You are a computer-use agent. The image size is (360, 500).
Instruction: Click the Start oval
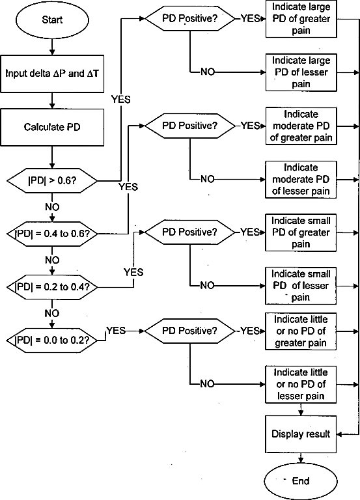pyautogui.click(x=52, y=20)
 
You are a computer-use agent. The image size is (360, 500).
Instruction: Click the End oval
pyautogui.click(x=301, y=481)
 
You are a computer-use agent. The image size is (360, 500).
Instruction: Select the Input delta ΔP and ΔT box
pyautogui.click(x=52, y=74)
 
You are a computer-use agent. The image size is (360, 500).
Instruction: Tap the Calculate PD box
pyautogui.click(x=52, y=127)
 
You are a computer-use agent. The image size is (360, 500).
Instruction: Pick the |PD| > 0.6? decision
pyautogui.click(x=52, y=181)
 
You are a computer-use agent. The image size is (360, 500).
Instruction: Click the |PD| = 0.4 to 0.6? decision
pyautogui.click(x=52, y=234)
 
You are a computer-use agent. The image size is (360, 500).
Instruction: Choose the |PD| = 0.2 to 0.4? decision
pyautogui.click(x=52, y=287)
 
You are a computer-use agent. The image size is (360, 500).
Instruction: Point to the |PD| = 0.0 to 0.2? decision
pyautogui.click(x=52, y=340)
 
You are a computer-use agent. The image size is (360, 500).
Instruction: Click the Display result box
pyautogui.click(x=301, y=434)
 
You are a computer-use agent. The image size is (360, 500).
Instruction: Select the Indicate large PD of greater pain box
pyautogui.click(x=301, y=19)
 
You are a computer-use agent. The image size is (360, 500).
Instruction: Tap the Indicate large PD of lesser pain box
pyautogui.click(x=301, y=72)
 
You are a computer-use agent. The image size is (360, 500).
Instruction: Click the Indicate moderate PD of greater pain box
pyautogui.click(x=301, y=126)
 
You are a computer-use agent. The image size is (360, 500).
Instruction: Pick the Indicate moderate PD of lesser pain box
pyautogui.click(x=301, y=180)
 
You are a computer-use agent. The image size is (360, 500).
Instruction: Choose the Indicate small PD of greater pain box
pyautogui.click(x=301, y=232)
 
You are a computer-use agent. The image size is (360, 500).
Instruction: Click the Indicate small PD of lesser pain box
pyautogui.click(x=301, y=286)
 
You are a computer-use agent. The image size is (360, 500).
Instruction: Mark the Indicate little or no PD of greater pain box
pyautogui.click(x=301, y=331)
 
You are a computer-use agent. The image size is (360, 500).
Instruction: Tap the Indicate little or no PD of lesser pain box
pyautogui.click(x=301, y=385)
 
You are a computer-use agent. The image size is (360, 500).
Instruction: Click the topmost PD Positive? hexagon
pyautogui.click(x=189, y=18)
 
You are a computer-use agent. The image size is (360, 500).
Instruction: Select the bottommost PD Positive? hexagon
pyautogui.click(x=189, y=331)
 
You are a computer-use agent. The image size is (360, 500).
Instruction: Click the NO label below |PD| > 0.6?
pyautogui.click(x=52, y=207)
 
